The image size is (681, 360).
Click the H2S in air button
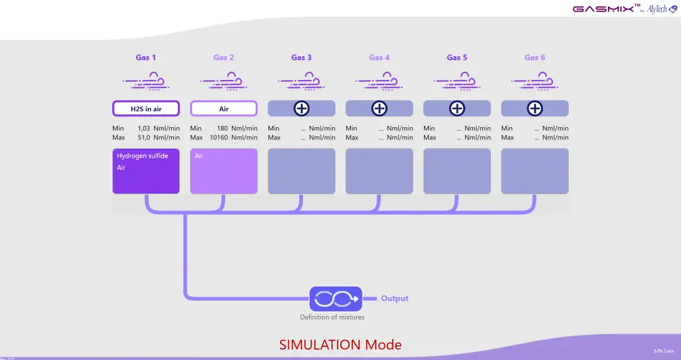click(146, 108)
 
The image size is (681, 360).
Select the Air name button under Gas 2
click(224, 108)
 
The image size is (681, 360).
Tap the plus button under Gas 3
click(302, 108)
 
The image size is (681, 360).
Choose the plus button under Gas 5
click(457, 108)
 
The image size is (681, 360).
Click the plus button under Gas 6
click(535, 108)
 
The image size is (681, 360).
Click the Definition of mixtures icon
click(335, 298)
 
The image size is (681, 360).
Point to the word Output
click(395, 298)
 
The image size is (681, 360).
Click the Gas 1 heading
click(146, 58)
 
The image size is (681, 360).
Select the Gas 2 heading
click(224, 58)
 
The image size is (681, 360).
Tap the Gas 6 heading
click(535, 58)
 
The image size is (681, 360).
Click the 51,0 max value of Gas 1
click(143, 137)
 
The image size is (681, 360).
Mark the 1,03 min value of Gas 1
click(143, 129)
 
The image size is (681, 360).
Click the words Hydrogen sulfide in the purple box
click(143, 156)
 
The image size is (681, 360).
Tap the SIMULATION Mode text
click(340, 344)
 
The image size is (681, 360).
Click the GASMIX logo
click(603, 9)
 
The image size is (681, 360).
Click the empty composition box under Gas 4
click(379, 171)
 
